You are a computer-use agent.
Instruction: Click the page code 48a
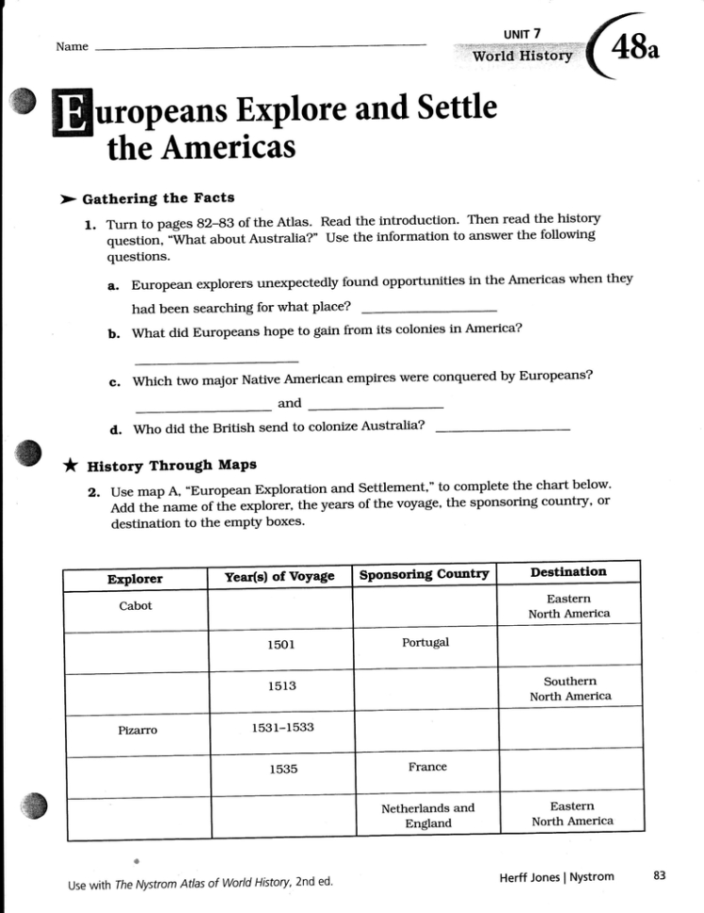click(x=636, y=46)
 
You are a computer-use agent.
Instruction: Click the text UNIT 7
click(x=522, y=34)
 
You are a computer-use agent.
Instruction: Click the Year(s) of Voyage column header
click(x=280, y=576)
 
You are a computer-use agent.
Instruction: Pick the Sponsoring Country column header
click(x=424, y=574)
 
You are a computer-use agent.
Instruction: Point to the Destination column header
click(x=568, y=571)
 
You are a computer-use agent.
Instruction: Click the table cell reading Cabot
click(x=136, y=605)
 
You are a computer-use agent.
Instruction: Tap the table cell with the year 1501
click(x=280, y=645)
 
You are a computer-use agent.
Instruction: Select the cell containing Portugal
click(x=425, y=642)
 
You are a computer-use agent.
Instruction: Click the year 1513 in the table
click(x=280, y=686)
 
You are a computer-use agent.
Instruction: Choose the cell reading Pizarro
click(x=136, y=729)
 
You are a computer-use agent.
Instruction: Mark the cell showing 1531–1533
click(x=282, y=728)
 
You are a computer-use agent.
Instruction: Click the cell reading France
click(x=427, y=767)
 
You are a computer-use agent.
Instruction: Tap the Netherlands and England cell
click(x=428, y=815)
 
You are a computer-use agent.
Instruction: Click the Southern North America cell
click(x=570, y=688)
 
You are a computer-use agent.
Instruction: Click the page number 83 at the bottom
click(x=659, y=876)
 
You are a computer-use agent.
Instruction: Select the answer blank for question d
click(x=504, y=429)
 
